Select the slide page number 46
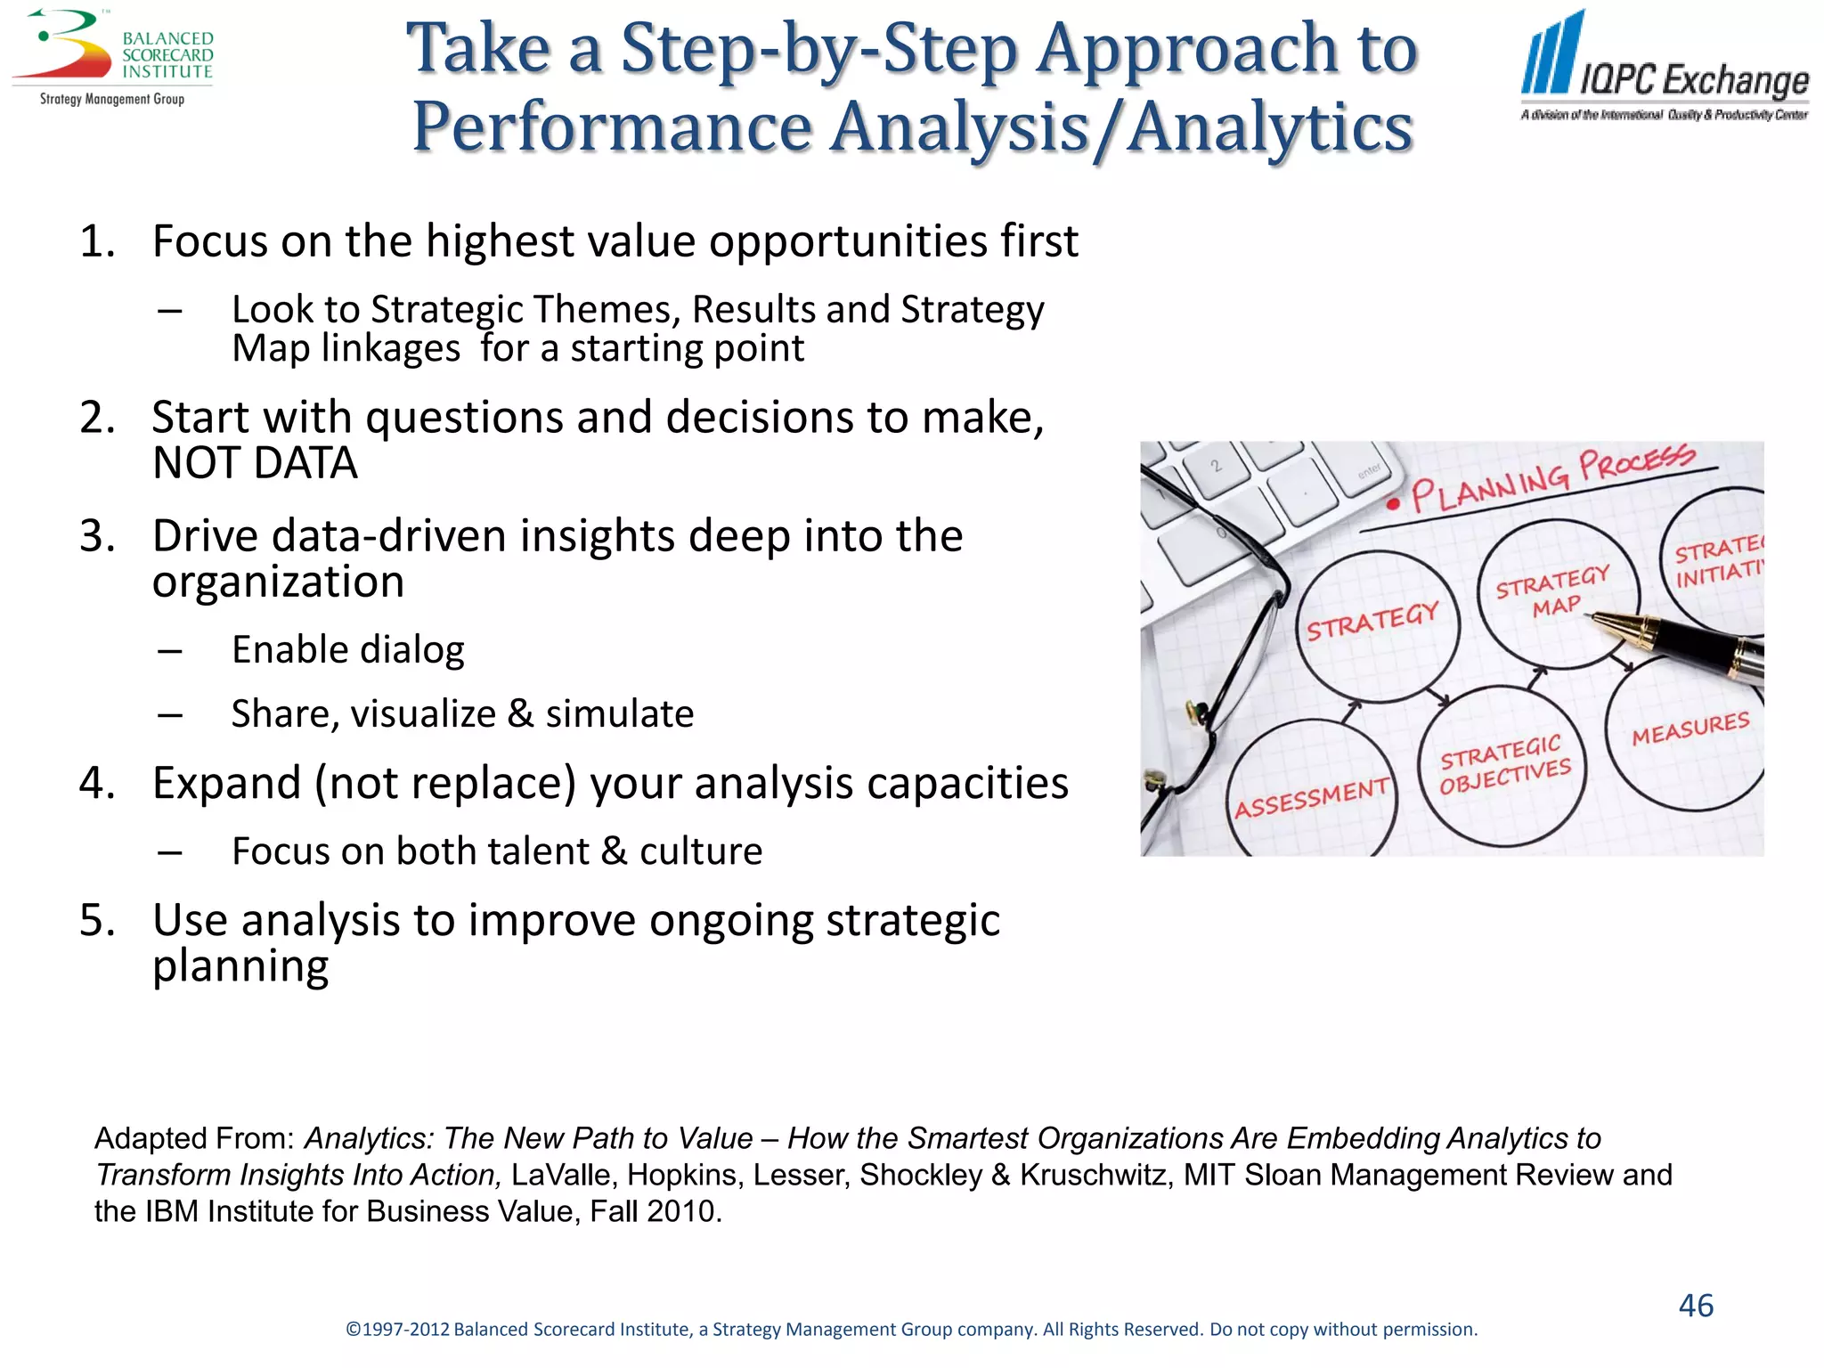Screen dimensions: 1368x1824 pyautogui.click(x=1696, y=1306)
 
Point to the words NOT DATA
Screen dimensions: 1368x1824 pyautogui.click(x=255, y=463)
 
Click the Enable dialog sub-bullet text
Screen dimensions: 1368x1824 pyautogui.click(x=347, y=650)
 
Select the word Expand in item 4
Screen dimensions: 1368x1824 pyautogui.click(x=226, y=784)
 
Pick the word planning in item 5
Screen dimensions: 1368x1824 pyautogui.click(x=240, y=967)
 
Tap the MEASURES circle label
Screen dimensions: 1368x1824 pyautogui.click(x=1690, y=729)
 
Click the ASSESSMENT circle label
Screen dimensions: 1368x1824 pyautogui.click(x=1310, y=797)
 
